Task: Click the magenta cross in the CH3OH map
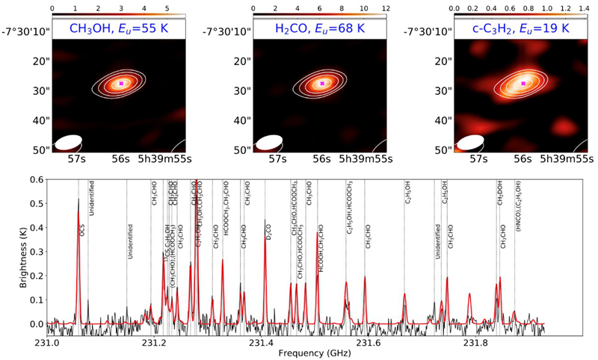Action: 122,84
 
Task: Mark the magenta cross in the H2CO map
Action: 322,84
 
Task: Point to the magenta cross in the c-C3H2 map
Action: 522,84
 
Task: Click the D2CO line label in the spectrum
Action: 268,228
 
